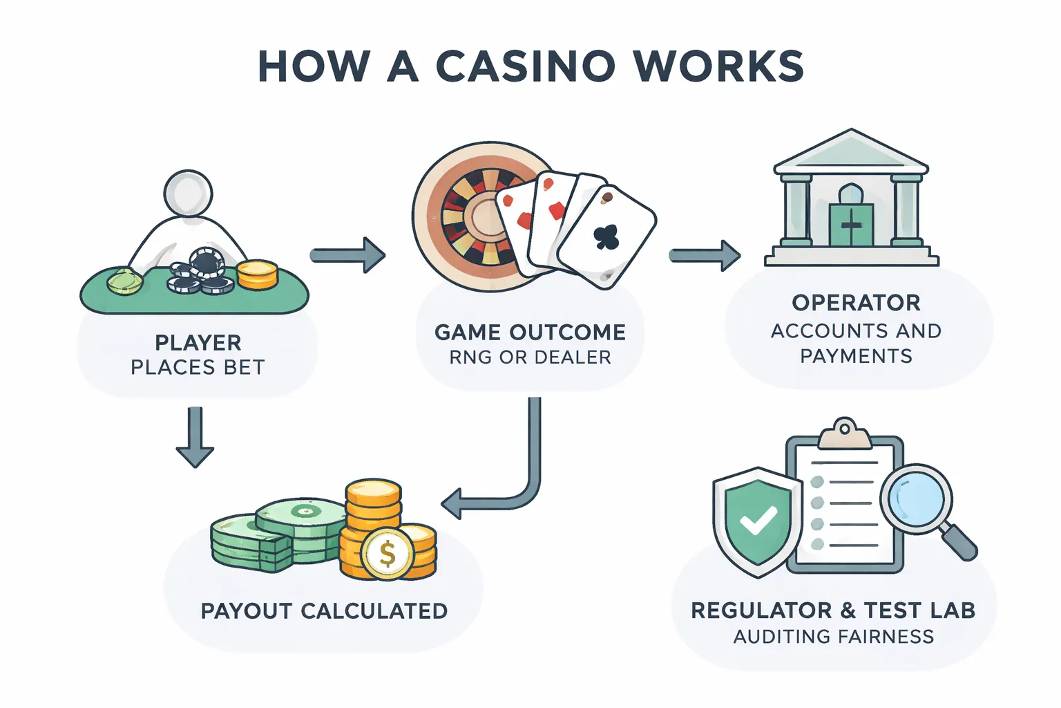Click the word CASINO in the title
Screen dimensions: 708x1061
click(x=525, y=67)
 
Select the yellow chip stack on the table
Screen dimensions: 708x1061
click(x=257, y=274)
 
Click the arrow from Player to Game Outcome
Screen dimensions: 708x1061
click(x=347, y=255)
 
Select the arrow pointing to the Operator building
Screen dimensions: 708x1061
click(x=704, y=256)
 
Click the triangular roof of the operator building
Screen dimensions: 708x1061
click(x=851, y=152)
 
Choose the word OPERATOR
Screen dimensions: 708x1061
click(x=856, y=303)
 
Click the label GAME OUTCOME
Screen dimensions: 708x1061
click(x=530, y=333)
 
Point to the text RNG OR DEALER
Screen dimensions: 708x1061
click(x=530, y=357)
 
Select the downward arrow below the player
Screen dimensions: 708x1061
click(x=195, y=437)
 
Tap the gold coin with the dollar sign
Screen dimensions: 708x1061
click(x=388, y=554)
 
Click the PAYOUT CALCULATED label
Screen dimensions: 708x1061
click(x=324, y=611)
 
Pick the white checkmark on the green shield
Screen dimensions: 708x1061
click(x=758, y=521)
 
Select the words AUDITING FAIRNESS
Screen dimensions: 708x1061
click(x=833, y=637)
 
